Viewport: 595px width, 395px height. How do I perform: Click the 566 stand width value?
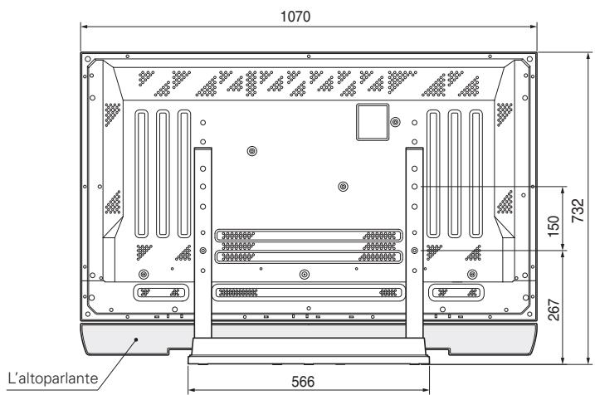tap(308, 384)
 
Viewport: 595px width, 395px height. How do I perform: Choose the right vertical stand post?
tap(414, 241)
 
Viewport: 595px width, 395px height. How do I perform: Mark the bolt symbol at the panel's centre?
tap(343, 187)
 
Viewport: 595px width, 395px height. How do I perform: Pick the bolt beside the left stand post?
tap(203, 251)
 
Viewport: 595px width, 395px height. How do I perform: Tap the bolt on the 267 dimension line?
tap(414, 251)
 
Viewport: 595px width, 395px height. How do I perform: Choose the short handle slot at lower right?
tap(454, 292)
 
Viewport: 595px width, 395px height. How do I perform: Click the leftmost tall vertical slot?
tap(140, 173)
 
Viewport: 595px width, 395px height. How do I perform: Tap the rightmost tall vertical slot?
tap(476, 173)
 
